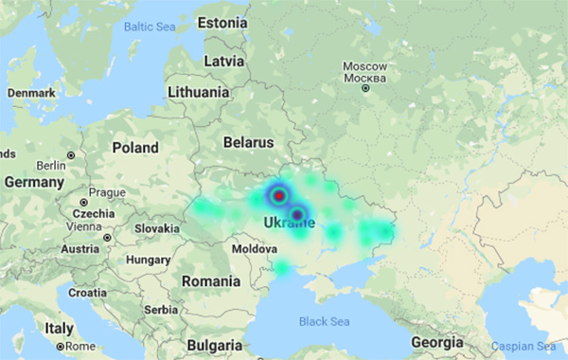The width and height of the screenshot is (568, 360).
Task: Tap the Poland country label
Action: (x=135, y=149)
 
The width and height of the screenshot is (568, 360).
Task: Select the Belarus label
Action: (x=248, y=142)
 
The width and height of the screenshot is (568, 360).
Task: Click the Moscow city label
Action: (x=364, y=67)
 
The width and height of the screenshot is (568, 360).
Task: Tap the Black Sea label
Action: (x=325, y=322)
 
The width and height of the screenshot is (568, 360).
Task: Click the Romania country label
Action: (x=211, y=281)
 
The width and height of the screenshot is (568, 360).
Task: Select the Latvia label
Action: (x=224, y=61)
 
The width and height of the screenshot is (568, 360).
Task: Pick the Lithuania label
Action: (x=198, y=93)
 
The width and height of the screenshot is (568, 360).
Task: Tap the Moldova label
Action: (x=255, y=248)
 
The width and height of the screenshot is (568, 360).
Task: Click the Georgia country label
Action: (x=437, y=343)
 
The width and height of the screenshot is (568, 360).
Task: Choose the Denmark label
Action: (x=30, y=94)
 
